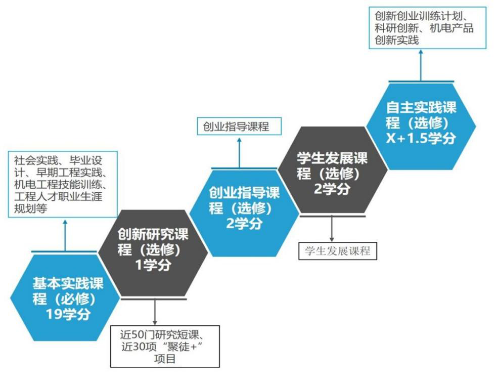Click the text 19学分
click(x=68, y=314)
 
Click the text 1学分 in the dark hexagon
click(x=153, y=265)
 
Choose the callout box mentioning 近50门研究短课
click(x=165, y=347)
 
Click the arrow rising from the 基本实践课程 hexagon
click(x=64, y=235)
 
